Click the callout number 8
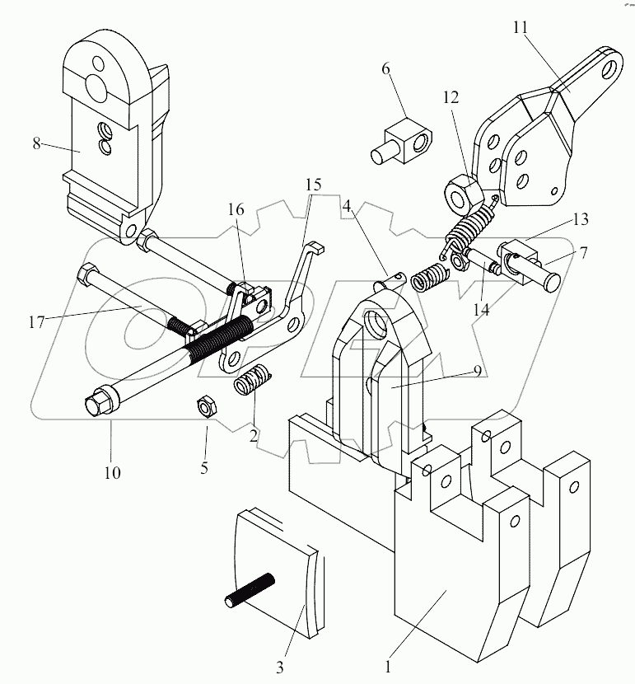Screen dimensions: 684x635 (x=36, y=143)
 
